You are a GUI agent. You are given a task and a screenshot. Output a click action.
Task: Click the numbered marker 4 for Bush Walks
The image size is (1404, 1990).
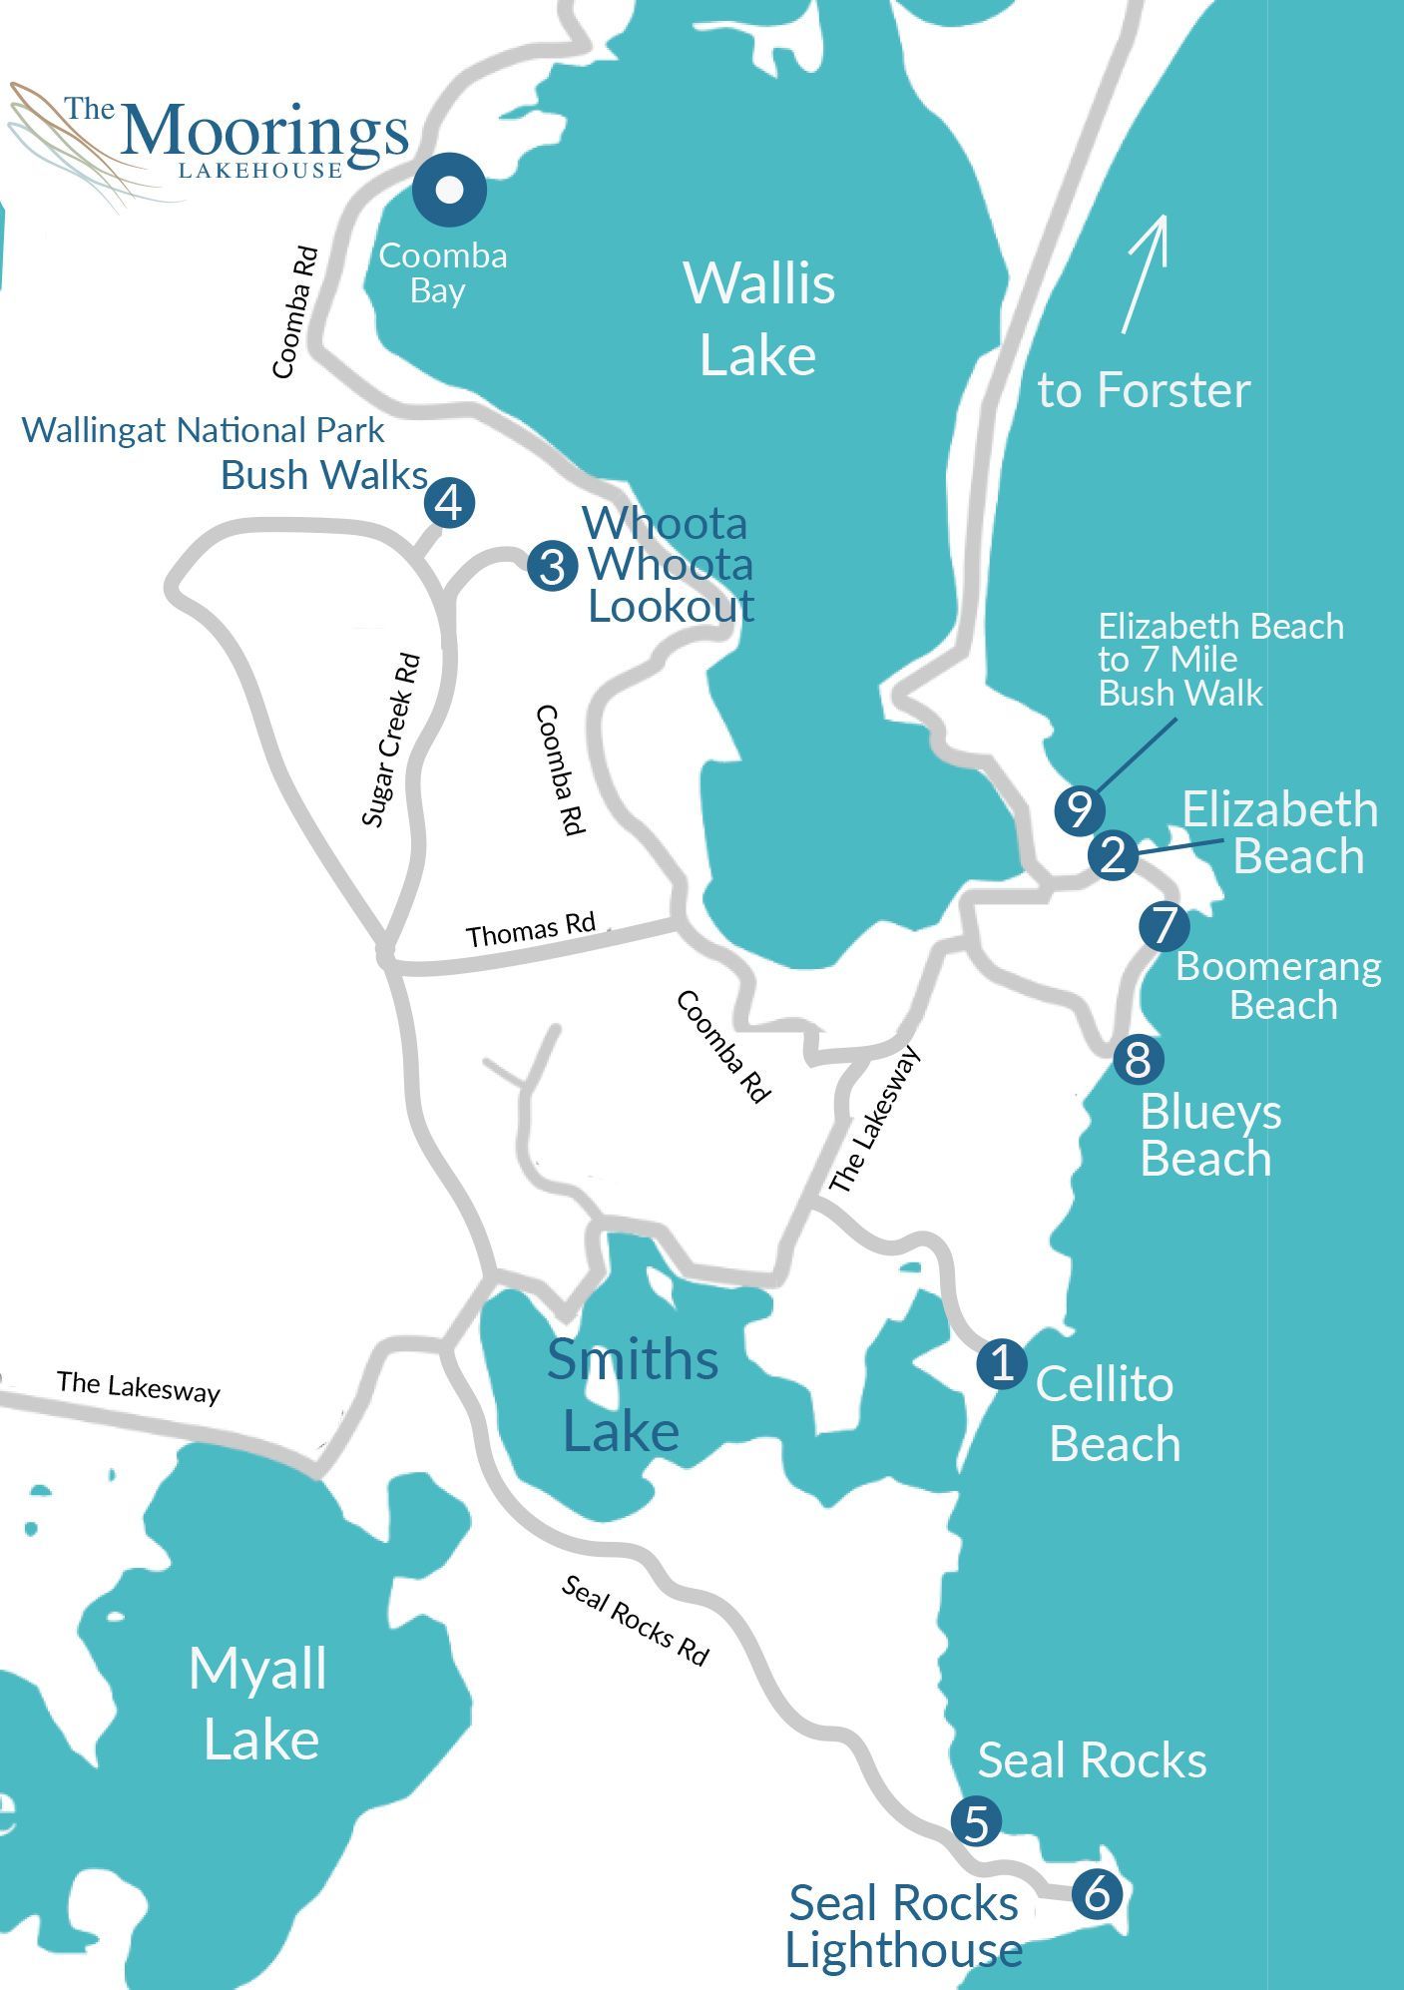coord(449,503)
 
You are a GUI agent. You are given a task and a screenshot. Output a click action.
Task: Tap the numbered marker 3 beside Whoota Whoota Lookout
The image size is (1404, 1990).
coord(553,567)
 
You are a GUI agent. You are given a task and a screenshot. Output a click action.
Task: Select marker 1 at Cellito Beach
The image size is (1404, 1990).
coord(1002,1363)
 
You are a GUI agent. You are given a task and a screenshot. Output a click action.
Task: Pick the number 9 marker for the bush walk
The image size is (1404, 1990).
coord(1079,809)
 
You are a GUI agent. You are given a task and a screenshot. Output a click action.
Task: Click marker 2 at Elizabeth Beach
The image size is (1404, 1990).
coord(1113,855)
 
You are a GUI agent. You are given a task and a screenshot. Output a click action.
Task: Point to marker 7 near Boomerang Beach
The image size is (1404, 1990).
coord(1165,926)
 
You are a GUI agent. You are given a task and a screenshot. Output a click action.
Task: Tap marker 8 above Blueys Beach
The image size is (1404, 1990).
coord(1138,1059)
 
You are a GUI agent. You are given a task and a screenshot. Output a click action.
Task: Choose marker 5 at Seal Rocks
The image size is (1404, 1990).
coord(976,1822)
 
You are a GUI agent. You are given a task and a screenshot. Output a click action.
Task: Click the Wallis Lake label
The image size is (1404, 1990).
coord(758,318)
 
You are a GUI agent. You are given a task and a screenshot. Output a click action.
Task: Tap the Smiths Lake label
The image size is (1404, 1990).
coord(631,1395)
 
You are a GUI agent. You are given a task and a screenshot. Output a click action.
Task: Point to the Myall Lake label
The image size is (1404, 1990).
coord(258,1704)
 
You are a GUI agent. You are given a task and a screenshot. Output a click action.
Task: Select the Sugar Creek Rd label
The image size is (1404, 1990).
coord(390,741)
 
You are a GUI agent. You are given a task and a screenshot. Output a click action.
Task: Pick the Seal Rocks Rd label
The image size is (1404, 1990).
coord(635,1621)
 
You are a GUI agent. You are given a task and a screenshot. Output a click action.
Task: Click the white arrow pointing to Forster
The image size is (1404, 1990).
coord(1144,273)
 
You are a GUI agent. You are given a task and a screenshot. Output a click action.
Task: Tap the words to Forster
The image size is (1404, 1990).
coord(1144,390)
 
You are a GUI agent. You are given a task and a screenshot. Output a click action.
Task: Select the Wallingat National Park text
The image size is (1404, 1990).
coord(203,431)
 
